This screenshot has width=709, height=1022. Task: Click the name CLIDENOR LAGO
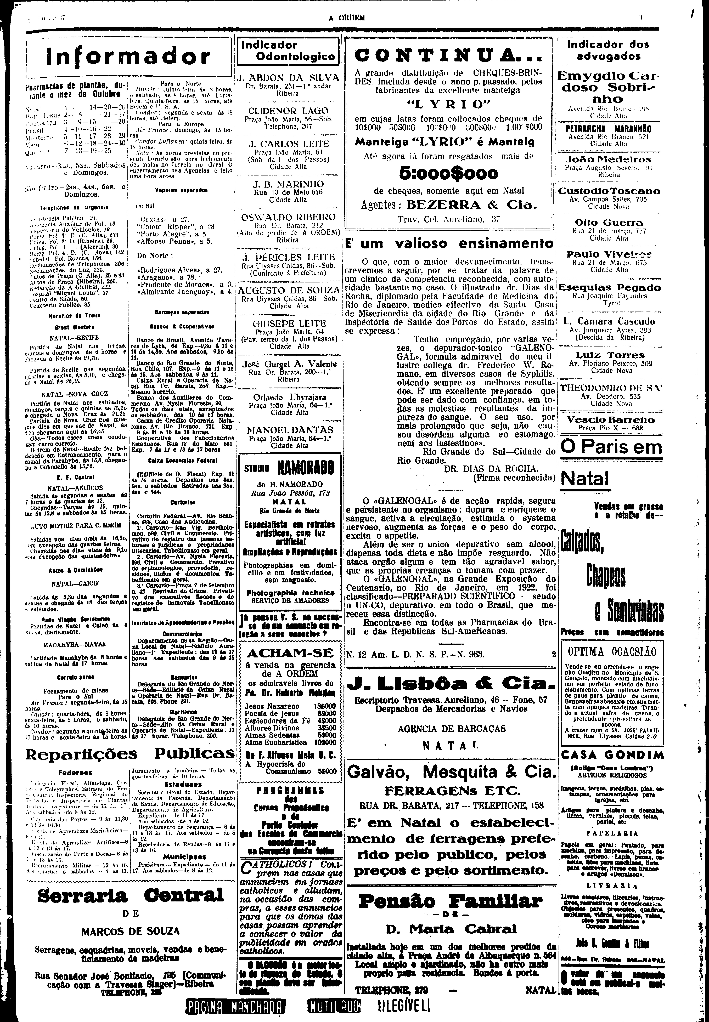pyautogui.click(x=288, y=111)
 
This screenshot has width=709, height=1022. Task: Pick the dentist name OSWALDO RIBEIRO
pyautogui.click(x=288, y=218)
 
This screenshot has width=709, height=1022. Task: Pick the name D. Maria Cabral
pyautogui.click(x=451, y=916)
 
